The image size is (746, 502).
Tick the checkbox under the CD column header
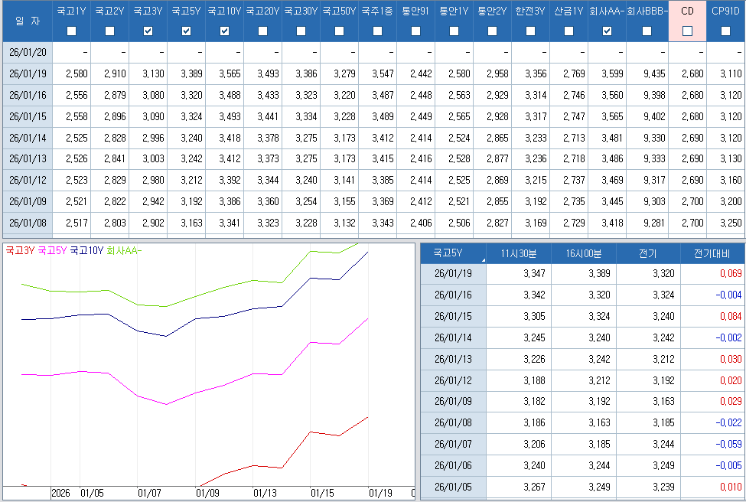tap(687, 31)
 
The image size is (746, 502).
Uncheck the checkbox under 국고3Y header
tap(148, 31)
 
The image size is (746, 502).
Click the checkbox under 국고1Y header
tap(72, 31)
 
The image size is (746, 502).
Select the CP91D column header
tap(725, 11)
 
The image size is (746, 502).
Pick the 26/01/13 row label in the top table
tap(28, 159)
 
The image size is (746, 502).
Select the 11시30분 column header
tap(518, 253)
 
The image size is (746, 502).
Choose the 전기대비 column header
tap(712, 253)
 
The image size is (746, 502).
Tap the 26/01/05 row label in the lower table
tap(453, 487)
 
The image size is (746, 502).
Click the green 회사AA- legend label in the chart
tap(125, 250)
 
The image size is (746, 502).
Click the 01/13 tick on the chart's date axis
tap(265, 494)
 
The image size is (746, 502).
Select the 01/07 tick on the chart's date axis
tap(149, 494)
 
